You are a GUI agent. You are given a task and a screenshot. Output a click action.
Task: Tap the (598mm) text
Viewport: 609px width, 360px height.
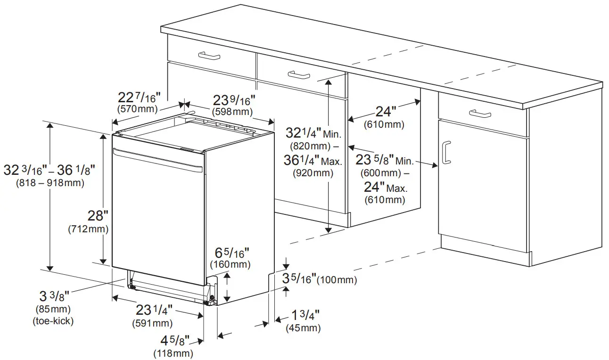(x=232, y=112)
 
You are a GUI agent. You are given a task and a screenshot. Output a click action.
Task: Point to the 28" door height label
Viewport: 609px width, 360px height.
(x=98, y=216)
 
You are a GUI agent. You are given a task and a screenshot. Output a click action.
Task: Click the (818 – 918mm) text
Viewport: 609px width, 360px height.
(x=50, y=182)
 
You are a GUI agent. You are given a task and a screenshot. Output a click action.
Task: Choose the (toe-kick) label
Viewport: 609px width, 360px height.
(x=53, y=321)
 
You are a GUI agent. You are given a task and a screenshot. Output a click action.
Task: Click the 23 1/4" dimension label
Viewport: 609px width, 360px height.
(x=154, y=311)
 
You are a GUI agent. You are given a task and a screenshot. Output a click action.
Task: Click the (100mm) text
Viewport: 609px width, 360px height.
(x=337, y=280)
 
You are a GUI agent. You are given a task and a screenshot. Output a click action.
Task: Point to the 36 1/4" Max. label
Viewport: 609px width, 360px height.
(x=313, y=161)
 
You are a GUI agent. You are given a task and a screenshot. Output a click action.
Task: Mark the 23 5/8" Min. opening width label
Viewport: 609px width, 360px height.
(x=384, y=160)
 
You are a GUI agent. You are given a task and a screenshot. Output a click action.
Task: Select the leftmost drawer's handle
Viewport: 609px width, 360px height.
(x=209, y=56)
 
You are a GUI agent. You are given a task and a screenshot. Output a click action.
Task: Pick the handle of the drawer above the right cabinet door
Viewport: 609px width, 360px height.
(x=480, y=113)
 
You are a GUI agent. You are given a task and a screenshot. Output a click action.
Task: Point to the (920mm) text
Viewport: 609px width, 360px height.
(x=313, y=172)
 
